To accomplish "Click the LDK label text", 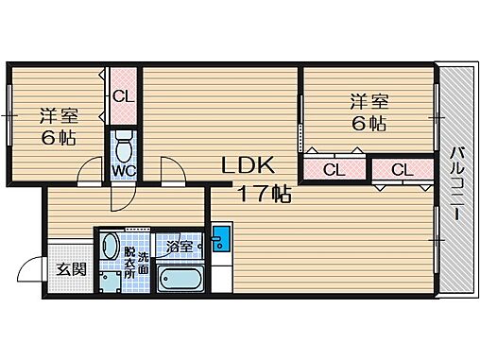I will pyautogui.click(x=247, y=166).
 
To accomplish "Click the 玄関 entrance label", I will pyautogui.click(x=71, y=269).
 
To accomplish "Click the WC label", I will pyautogui.click(x=124, y=171).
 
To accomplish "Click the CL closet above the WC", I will pyautogui.click(x=123, y=96).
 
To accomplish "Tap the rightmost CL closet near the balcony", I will pyautogui.click(x=399, y=170).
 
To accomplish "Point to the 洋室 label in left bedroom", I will pyautogui.click(x=58, y=117).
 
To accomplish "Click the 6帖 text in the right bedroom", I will pyautogui.click(x=369, y=124).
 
